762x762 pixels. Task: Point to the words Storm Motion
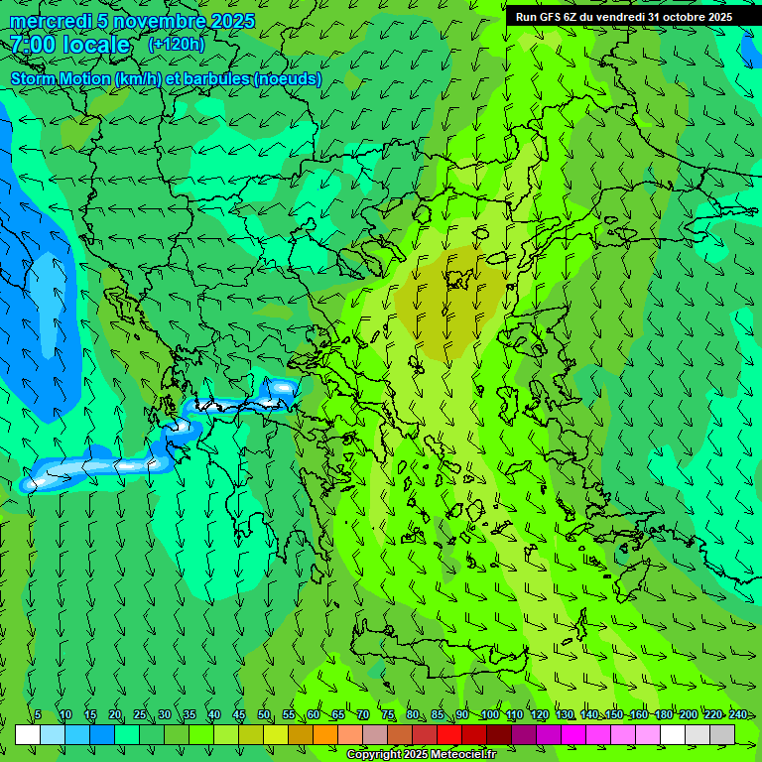(x=61, y=78)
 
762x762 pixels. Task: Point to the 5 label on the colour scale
(x=38, y=715)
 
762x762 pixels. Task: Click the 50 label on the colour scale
(x=264, y=715)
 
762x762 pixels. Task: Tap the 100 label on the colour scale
(x=490, y=715)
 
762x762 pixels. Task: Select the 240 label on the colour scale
(x=737, y=715)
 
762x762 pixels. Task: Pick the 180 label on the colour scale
(x=663, y=715)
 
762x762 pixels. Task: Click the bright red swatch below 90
(x=449, y=734)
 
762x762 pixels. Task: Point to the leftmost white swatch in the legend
(x=28, y=734)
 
